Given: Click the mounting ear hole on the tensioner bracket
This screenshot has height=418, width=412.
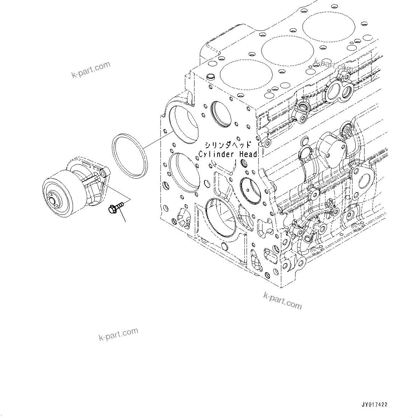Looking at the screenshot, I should tap(102, 173).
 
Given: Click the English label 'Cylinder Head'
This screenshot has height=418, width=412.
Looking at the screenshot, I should tap(227, 154).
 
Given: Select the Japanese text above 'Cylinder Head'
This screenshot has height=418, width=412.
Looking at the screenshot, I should tap(228, 145).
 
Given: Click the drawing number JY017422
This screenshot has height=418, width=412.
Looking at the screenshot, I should tap(374, 405).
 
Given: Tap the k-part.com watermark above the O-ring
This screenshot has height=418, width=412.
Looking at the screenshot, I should tap(91, 69).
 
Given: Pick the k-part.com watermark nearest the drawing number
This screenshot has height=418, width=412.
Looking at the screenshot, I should tap(283, 300).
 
